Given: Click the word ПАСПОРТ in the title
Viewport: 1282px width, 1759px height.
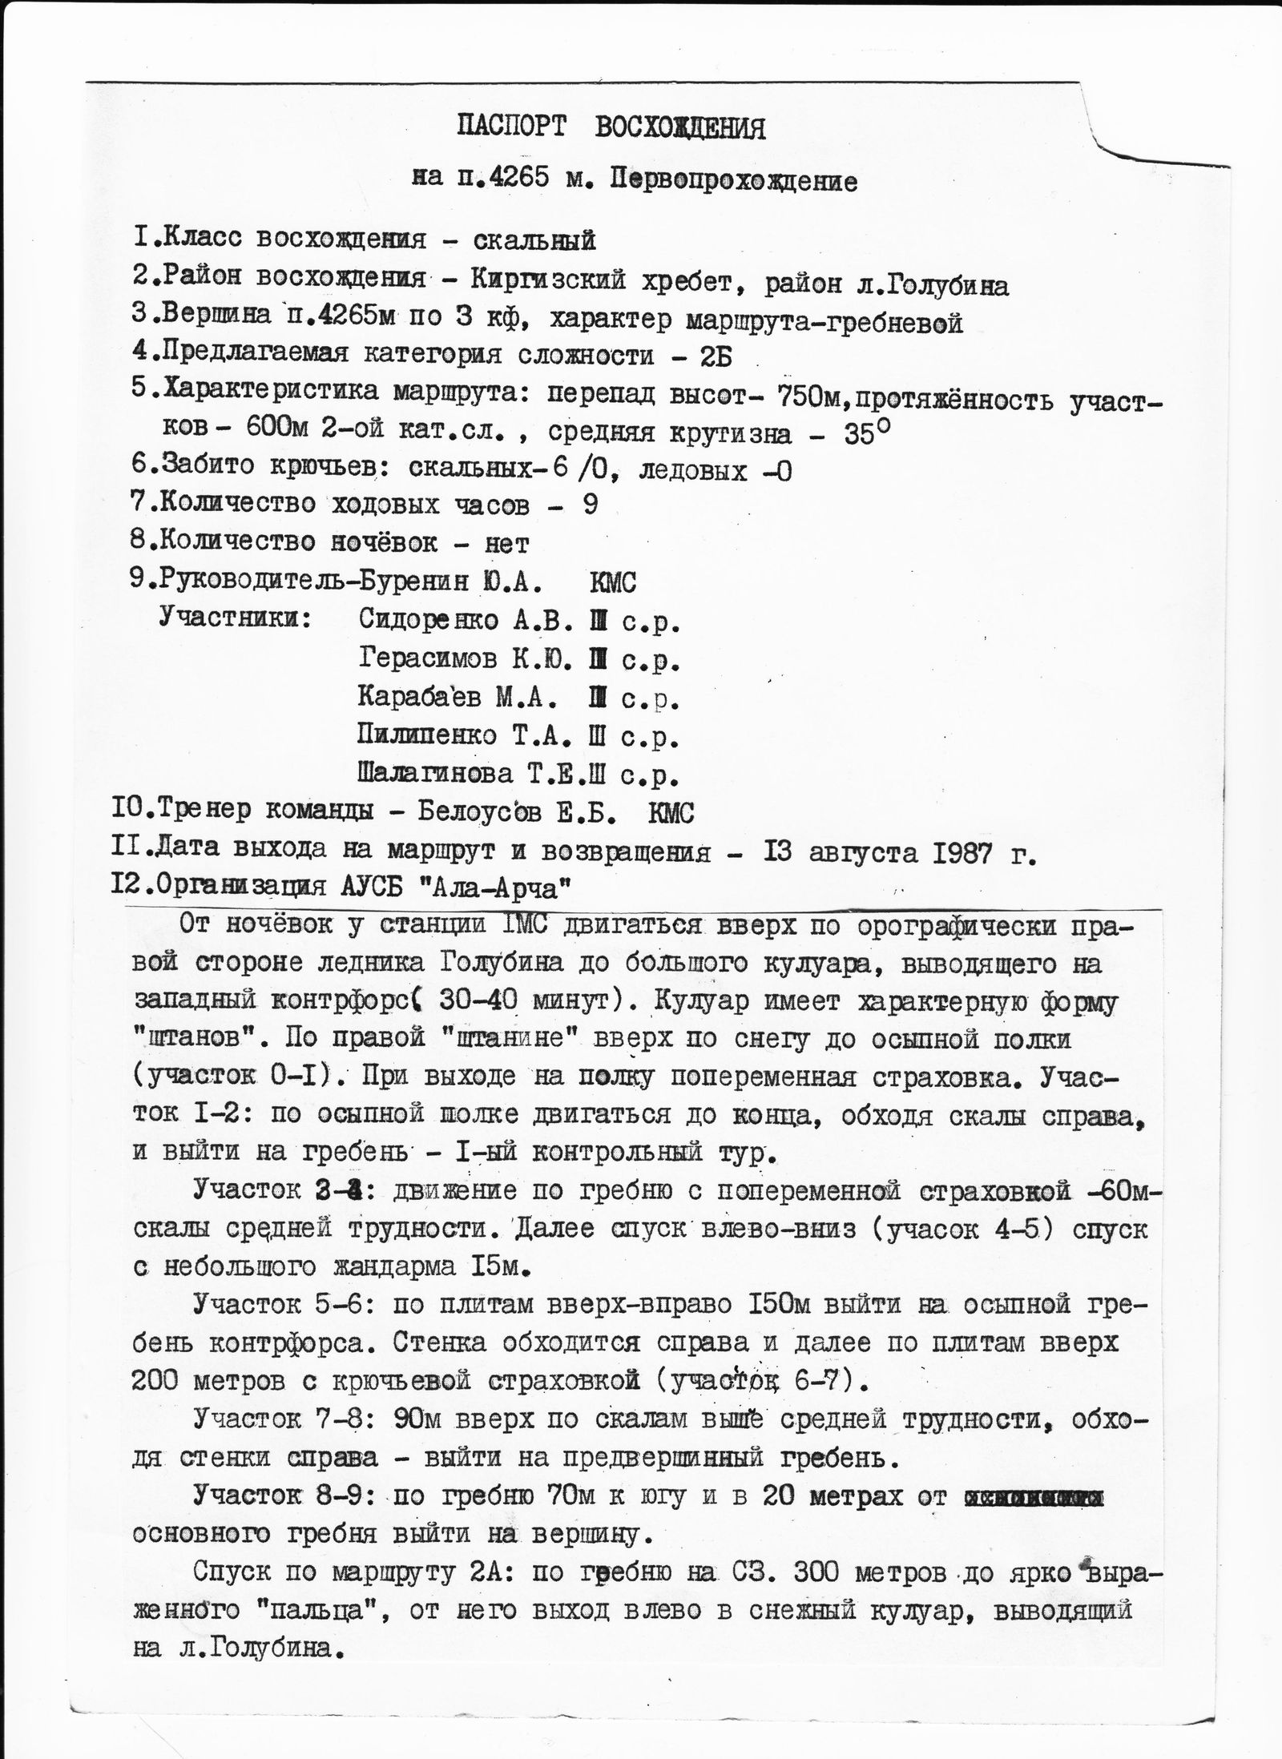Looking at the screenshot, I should (511, 127).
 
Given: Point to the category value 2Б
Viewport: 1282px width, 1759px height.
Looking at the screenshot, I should (716, 356).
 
